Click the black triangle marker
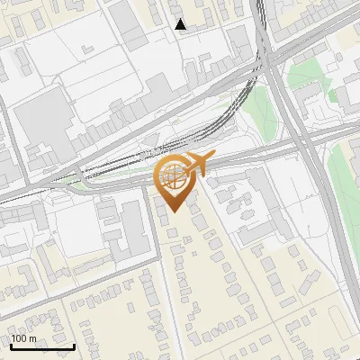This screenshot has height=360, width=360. point(181,24)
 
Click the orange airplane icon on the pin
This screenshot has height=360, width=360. point(197,164)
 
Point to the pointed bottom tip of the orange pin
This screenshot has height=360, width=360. point(172,211)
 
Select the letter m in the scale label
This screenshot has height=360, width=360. point(32,338)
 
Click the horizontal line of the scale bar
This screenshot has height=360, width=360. point(42,346)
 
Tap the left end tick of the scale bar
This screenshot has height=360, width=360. point(11,345)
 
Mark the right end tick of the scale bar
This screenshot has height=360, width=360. point(74,345)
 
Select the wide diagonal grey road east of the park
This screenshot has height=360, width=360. point(301,135)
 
